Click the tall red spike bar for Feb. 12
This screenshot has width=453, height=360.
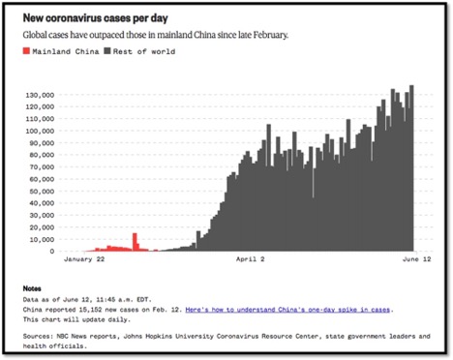tap(136, 242)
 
